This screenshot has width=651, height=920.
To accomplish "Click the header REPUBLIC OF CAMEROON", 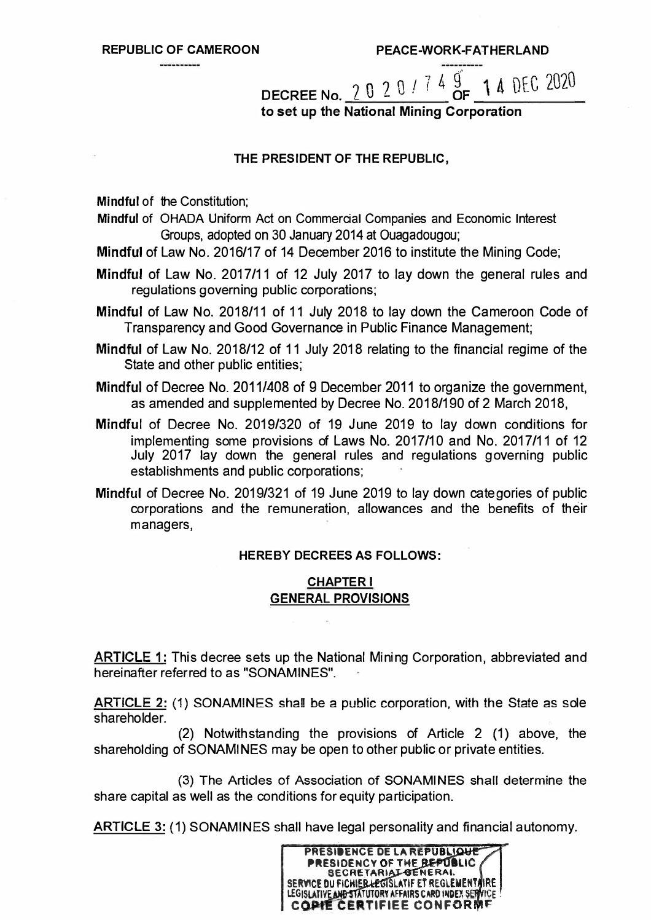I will coord(180,49).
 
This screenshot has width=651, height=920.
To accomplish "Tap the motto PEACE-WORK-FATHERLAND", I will coord(462,49).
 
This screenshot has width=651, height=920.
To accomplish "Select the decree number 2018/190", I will coord(431,404).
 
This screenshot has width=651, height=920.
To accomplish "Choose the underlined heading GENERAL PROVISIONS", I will coord(340,597).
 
